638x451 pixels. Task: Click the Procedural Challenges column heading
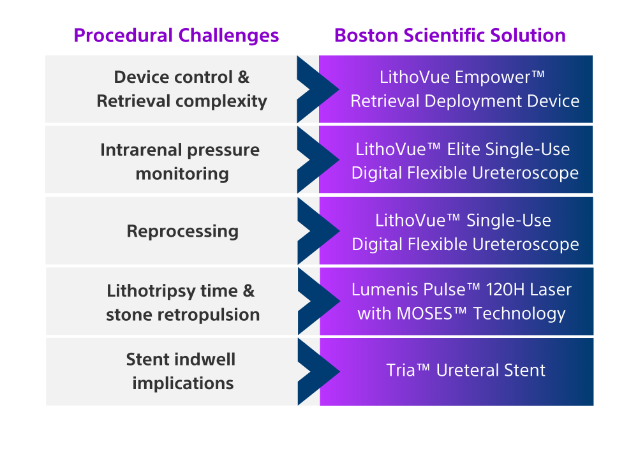[176, 35]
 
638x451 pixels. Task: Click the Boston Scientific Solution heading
[450, 35]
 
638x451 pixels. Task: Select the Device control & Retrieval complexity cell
[182, 89]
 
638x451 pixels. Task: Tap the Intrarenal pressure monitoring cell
[181, 161]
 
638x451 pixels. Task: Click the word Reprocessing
[182, 231]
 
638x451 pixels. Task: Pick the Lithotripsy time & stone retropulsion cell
[182, 302]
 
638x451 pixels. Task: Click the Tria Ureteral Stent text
[466, 371]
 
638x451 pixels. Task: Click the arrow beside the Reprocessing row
[317, 231]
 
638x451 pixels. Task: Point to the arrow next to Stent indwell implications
[317, 371]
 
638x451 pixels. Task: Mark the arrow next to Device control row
[317, 89]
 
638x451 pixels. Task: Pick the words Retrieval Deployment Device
[465, 101]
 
